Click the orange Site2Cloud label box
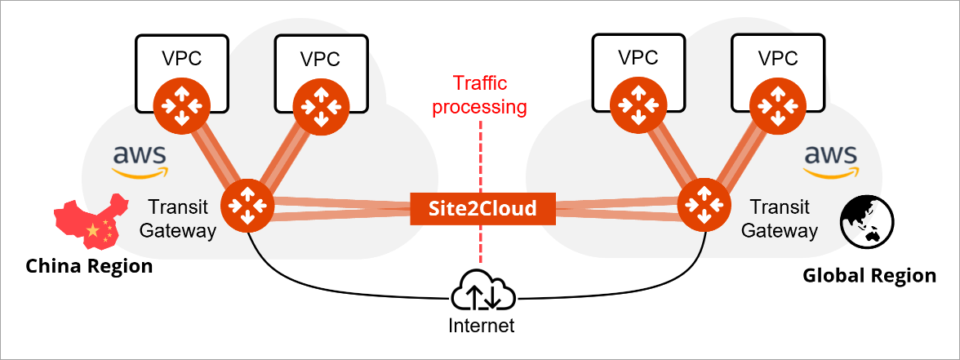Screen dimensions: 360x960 click(x=483, y=208)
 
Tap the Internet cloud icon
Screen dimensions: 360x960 click(x=482, y=290)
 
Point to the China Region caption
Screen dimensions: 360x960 click(x=89, y=266)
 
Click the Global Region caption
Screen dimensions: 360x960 click(x=869, y=276)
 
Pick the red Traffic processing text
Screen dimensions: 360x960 click(x=480, y=95)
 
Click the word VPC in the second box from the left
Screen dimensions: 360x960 click(x=320, y=60)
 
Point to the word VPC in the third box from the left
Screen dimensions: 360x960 click(x=638, y=58)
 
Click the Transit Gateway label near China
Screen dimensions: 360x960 click(x=178, y=219)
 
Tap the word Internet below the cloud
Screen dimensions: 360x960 click(x=482, y=327)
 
